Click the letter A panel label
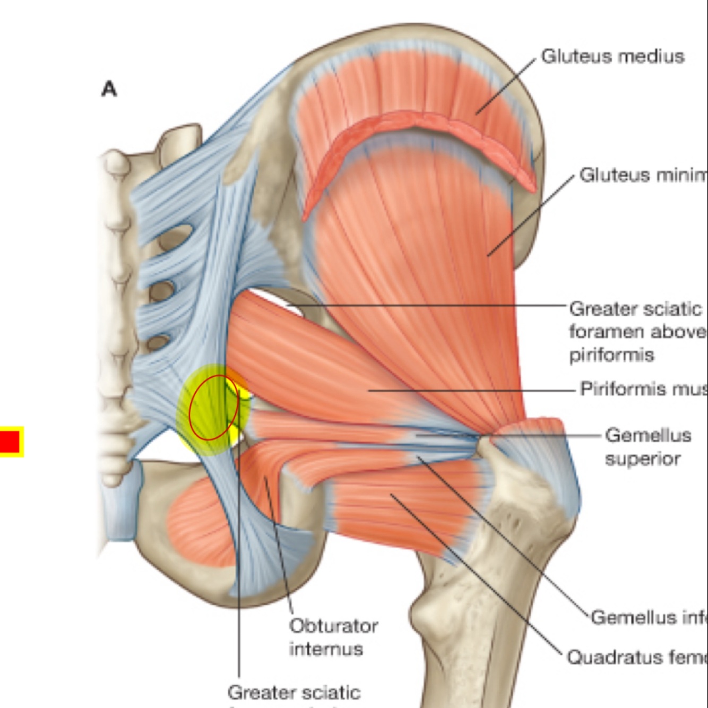[109, 89]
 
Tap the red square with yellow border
[10, 442]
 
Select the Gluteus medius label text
[612, 56]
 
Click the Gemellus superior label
[647, 446]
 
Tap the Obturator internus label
[333, 637]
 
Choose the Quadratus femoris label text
[637, 657]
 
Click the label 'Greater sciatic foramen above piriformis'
[637, 331]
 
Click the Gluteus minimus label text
[642, 175]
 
